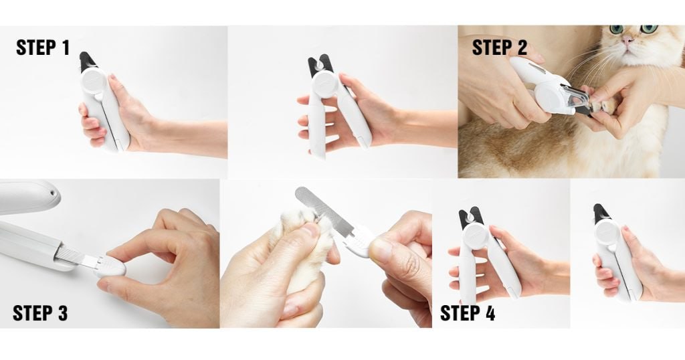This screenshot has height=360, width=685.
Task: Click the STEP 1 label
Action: coord(43,48)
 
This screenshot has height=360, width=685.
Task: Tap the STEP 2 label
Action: coord(499,48)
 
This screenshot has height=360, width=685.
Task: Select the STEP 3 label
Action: coord(40,313)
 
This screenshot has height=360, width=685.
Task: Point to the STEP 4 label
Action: coord(468,313)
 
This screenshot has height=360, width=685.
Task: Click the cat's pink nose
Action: coord(627,41)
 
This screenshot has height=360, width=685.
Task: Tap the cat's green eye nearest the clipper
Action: coord(616,29)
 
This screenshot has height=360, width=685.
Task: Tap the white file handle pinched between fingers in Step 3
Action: coord(110,266)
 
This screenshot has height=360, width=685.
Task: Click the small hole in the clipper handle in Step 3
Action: coord(52,193)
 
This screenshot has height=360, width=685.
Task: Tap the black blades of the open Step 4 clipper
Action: coord(470,218)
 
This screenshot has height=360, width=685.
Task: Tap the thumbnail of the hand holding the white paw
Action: coord(311,230)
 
